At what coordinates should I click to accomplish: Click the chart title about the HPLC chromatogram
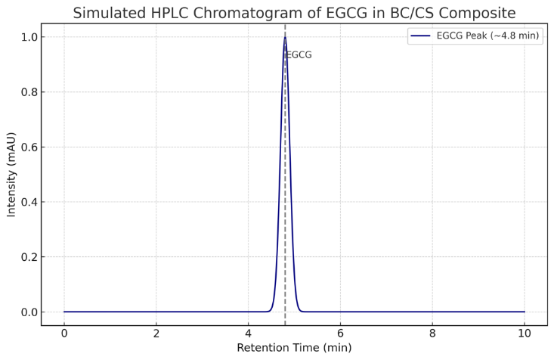(x=294, y=13)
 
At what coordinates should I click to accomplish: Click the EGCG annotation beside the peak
(x=299, y=55)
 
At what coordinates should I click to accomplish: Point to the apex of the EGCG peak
(x=285, y=37)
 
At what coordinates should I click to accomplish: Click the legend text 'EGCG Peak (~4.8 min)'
(x=487, y=36)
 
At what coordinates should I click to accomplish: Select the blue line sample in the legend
(x=420, y=36)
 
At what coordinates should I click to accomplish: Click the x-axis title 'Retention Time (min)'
(x=294, y=348)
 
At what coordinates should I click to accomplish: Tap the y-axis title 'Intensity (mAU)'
(x=11, y=175)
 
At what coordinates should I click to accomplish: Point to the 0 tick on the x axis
(x=64, y=334)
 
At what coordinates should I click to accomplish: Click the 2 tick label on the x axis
(x=156, y=334)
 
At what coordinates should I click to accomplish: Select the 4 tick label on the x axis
(x=248, y=334)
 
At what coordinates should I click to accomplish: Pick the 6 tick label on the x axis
(x=340, y=334)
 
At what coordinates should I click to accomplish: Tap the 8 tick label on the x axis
(x=432, y=334)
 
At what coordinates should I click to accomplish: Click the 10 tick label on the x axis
(x=525, y=334)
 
